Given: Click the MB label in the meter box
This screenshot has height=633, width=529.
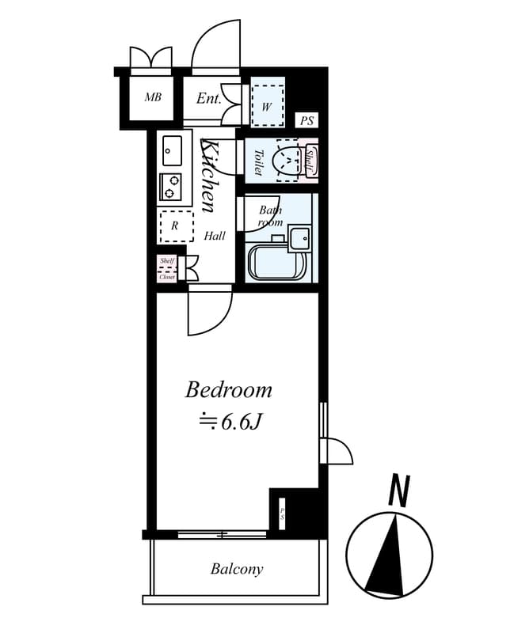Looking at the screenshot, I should tap(153, 98).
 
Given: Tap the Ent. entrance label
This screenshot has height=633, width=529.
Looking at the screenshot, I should tap(208, 99).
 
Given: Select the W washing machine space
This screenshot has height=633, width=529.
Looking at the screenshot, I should tap(267, 106).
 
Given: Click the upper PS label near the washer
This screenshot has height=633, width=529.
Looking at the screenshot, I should tap(307, 121).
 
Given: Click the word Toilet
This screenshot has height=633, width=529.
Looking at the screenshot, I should tap(258, 161).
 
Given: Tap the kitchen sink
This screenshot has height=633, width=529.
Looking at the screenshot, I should tap(172, 149).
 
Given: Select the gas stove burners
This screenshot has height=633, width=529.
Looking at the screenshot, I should tap(171, 186).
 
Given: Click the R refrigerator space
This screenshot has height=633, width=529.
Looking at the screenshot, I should tap(176, 226).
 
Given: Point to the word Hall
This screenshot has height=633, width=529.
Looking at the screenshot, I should tap(214, 236).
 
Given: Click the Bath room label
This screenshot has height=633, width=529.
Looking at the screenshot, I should tap(270, 216).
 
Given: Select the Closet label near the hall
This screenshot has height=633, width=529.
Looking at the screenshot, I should tap(167, 276).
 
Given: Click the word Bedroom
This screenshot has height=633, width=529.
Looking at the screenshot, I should tap(229, 390).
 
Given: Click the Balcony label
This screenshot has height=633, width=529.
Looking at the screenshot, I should tap(237, 569).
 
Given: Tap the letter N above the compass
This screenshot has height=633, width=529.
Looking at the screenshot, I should tap(399, 491).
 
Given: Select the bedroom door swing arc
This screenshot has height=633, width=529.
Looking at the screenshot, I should tap(214, 316).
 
